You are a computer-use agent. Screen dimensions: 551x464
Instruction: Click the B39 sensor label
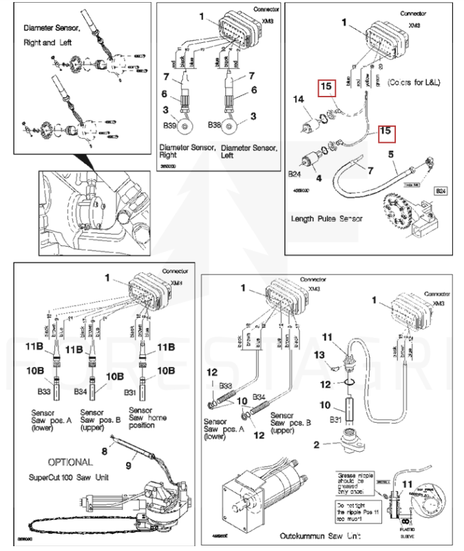click(x=168, y=127)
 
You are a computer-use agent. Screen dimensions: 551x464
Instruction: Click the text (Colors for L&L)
click(x=413, y=83)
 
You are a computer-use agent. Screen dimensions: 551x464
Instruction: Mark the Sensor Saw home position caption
click(x=147, y=417)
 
